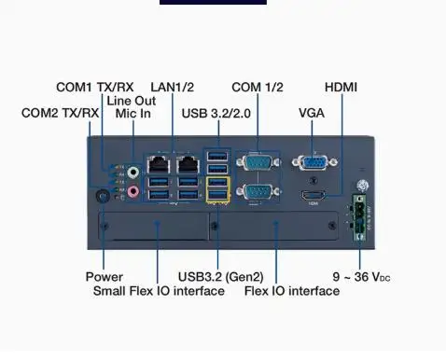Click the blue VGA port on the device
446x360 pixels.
tap(313, 164)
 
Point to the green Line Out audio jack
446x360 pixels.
tap(133, 172)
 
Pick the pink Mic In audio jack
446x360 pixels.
tap(133, 192)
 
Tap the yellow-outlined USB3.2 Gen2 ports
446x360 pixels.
tap(217, 189)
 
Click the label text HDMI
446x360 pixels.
tap(341, 88)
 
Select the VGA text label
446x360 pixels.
tap(312, 113)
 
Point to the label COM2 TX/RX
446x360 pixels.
tap(60, 113)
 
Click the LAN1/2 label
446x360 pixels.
tap(173, 88)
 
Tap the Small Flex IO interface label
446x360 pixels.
tap(159, 291)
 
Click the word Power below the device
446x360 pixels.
tap(104, 277)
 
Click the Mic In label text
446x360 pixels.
tap(134, 113)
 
